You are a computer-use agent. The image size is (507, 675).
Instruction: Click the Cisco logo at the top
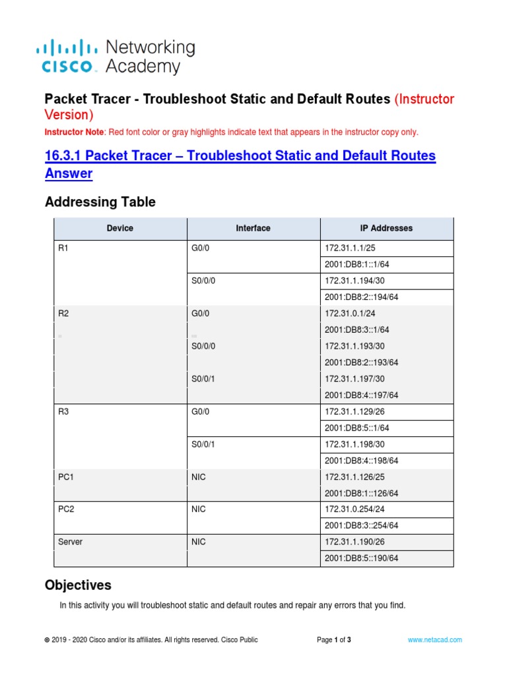coord(69,56)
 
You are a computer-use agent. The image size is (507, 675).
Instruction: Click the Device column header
coord(119,228)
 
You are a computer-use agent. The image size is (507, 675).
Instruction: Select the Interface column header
coord(253,228)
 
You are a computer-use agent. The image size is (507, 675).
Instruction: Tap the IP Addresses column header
coord(386,228)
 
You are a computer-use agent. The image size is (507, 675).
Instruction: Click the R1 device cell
coord(64,248)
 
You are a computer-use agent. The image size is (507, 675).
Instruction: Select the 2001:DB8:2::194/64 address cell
coord(361,297)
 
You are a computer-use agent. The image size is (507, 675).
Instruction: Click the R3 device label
coord(64,411)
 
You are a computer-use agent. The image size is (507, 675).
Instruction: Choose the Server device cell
coord(71,542)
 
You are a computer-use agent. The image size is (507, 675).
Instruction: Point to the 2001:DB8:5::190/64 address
coord(361,558)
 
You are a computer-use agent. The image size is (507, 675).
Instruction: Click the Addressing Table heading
coord(100,202)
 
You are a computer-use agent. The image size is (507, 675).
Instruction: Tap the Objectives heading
coord(78,585)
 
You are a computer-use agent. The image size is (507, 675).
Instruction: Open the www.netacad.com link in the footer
coord(434,639)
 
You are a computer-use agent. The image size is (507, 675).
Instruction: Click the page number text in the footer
coord(333,639)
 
